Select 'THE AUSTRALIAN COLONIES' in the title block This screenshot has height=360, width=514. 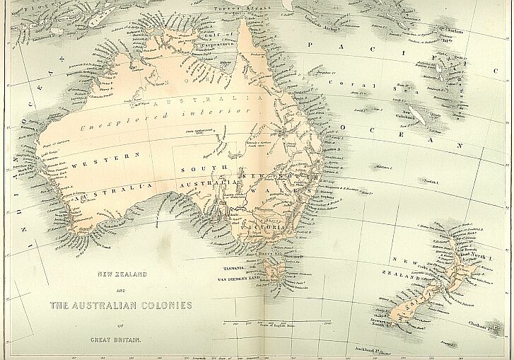[x=121, y=306]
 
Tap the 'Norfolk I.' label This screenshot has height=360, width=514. [x=432, y=181]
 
